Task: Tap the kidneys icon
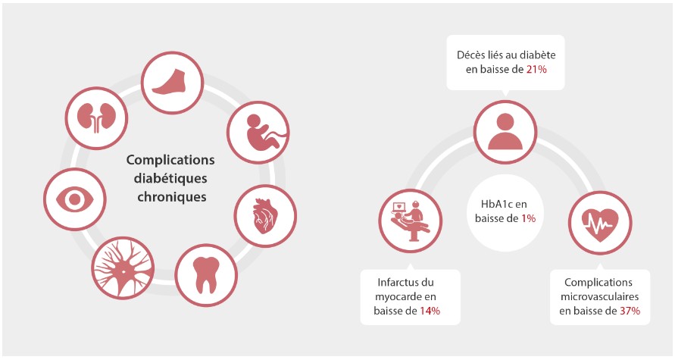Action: pos(96,117)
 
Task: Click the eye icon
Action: pos(75,199)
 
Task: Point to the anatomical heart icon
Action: pos(264,215)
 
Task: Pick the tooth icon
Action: pos(206,275)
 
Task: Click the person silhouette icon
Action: pos(505,131)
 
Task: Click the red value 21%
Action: pos(536,69)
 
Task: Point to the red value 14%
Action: pos(430,311)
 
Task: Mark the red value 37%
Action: pos(630,311)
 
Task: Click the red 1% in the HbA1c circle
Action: pos(528,218)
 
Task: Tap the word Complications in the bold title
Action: pos(170,160)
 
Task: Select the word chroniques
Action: pos(172,197)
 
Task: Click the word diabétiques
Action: pos(170,178)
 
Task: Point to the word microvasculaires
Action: pos(599,296)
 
